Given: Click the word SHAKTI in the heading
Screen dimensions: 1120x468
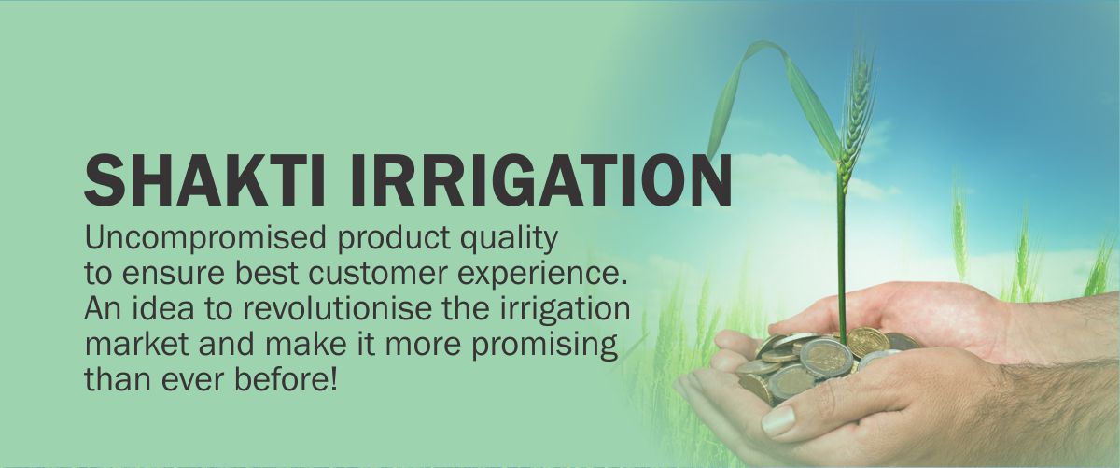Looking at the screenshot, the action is coord(205,180).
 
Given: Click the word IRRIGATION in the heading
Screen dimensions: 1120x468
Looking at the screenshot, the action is coord(541,180).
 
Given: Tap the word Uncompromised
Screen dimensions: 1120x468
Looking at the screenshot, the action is coord(205,238).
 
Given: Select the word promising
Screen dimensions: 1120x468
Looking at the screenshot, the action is coord(545,346).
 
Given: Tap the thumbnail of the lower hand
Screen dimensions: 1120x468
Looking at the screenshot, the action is coord(778,421).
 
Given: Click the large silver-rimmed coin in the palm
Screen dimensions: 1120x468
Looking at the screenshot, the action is coord(825,358).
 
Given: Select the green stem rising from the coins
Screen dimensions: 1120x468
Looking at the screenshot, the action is coord(841,261).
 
